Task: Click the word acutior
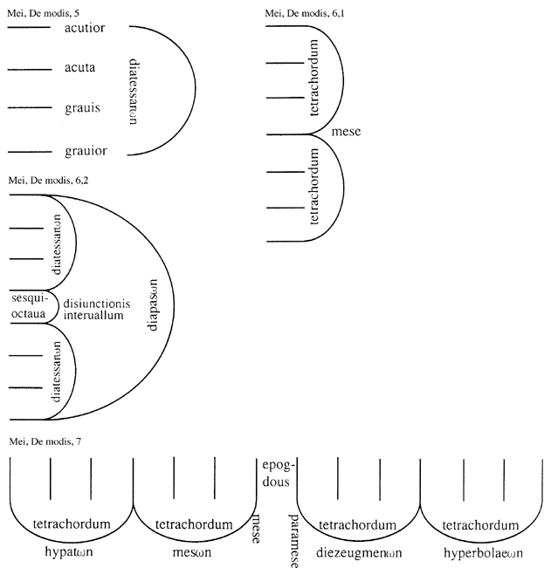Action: [85, 29]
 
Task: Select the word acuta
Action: [85, 68]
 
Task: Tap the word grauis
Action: [85, 109]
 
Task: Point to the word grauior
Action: [86, 151]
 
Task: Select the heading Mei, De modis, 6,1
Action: [303, 12]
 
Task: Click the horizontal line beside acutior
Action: [29, 28]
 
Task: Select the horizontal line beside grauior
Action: [29, 150]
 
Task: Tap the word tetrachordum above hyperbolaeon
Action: [482, 524]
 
